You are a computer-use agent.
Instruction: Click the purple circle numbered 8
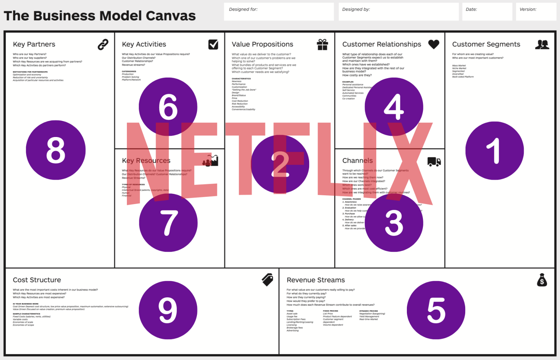56,150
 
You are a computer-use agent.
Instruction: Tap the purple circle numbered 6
168,107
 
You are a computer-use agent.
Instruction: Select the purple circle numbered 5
436,310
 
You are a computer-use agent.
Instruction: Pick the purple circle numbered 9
168,310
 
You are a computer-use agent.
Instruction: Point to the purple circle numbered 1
495,150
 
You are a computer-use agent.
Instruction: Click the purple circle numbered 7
168,223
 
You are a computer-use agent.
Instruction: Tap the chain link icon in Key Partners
103,44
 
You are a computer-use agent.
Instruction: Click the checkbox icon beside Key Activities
213,44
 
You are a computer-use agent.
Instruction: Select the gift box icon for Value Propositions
322,44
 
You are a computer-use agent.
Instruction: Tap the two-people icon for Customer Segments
542,44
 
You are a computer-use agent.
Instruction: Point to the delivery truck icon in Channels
434,161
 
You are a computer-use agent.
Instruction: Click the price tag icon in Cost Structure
268,280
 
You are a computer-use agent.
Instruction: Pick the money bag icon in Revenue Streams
542,280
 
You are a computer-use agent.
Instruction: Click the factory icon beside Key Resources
211,161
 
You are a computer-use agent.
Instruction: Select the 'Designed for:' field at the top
279,12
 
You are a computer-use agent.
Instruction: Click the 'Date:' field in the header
487,12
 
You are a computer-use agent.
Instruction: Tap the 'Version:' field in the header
536,12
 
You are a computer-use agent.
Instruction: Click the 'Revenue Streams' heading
316,280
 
